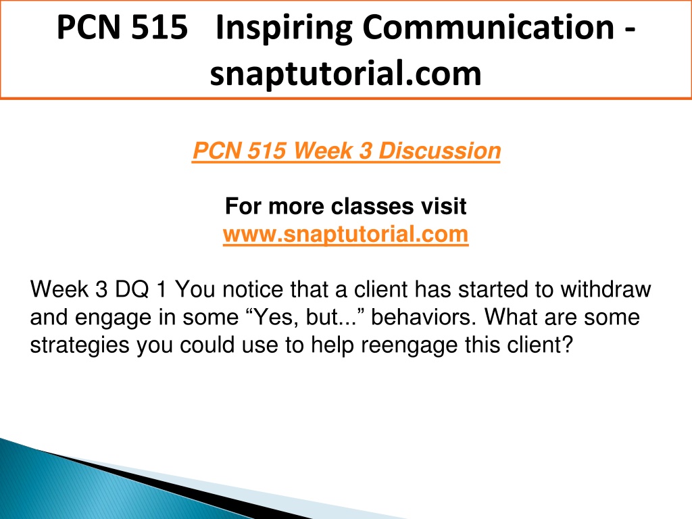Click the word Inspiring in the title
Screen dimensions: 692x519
pyautogui.click(x=283, y=28)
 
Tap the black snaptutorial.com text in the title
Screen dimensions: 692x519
pyautogui.click(x=345, y=74)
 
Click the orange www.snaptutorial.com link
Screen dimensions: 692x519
pyautogui.click(x=345, y=233)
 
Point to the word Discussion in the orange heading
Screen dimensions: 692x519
pyautogui.click(x=439, y=151)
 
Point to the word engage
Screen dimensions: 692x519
pyautogui.click(x=113, y=318)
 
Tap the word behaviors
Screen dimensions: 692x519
pyautogui.click(x=424, y=317)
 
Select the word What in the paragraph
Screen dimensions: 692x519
pyautogui.click(x=511, y=317)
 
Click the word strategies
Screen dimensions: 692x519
pyautogui.click(x=80, y=345)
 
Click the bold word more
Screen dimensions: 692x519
pyautogui.click(x=296, y=207)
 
